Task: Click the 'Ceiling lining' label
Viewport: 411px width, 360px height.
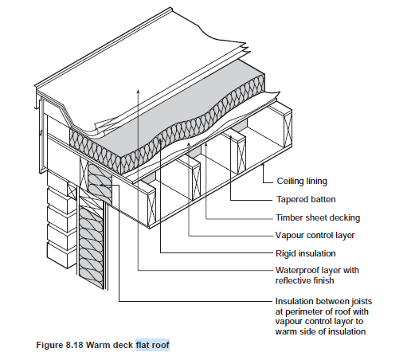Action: (x=302, y=182)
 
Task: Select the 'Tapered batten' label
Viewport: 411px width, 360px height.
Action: (x=306, y=199)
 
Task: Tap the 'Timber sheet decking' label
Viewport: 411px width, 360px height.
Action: (x=318, y=217)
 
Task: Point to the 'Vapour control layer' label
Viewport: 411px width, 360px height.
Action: (x=315, y=235)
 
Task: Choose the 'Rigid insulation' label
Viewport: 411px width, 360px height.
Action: (x=306, y=253)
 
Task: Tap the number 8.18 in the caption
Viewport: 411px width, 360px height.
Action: (x=74, y=345)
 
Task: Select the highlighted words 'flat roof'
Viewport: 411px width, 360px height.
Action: (x=152, y=345)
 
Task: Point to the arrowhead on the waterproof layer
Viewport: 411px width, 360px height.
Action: (x=138, y=92)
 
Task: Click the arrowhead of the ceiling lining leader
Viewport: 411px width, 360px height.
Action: (x=264, y=165)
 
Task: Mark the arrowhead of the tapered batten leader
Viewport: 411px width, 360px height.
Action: (x=230, y=137)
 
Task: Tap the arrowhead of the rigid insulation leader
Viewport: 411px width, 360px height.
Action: (x=161, y=140)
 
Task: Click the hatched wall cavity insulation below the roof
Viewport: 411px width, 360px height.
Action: (x=92, y=247)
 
